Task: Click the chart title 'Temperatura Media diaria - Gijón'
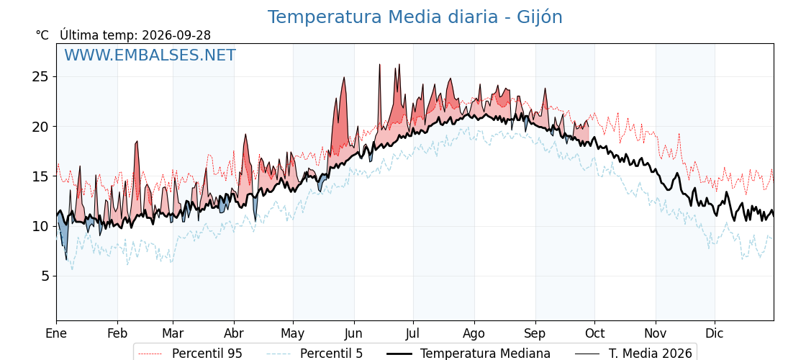click(415, 17)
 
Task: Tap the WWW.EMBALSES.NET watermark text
click(150, 55)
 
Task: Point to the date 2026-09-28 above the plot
click(176, 35)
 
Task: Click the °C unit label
click(42, 35)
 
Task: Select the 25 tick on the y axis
click(41, 76)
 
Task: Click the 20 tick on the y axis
click(41, 127)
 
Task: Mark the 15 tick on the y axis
click(41, 176)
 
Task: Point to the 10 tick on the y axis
click(41, 226)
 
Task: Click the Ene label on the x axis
click(56, 334)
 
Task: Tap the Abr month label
click(234, 334)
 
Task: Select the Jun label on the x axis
click(353, 334)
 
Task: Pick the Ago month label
click(474, 334)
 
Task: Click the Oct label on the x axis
click(594, 334)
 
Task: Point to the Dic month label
click(715, 334)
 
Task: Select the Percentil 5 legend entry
click(315, 354)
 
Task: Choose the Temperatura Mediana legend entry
click(468, 354)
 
